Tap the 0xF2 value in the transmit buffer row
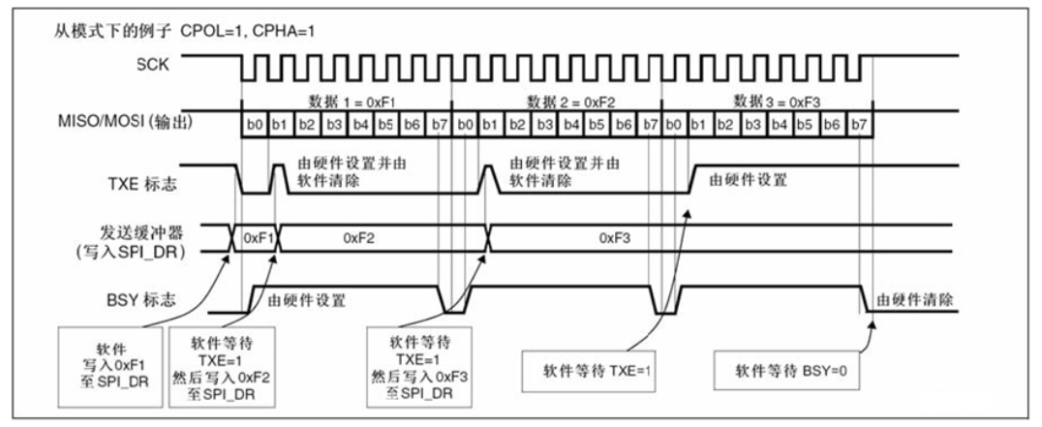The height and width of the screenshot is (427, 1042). pyautogui.click(x=360, y=237)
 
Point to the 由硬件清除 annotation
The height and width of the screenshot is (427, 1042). pyautogui.click(x=913, y=299)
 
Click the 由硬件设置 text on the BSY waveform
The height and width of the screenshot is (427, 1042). pyautogui.click(x=306, y=300)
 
